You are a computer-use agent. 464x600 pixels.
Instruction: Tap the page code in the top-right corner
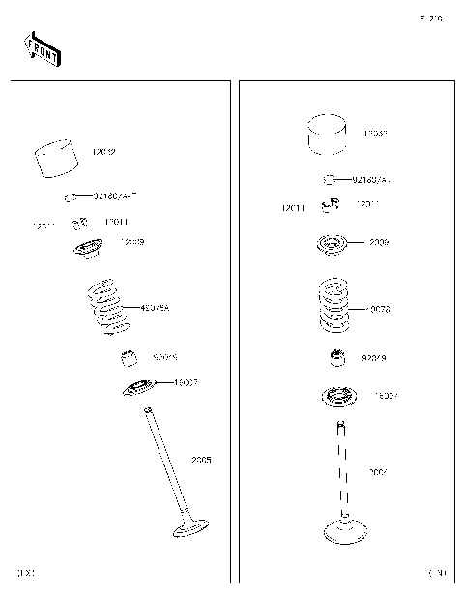(430, 18)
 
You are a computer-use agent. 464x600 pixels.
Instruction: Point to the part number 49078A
(155, 308)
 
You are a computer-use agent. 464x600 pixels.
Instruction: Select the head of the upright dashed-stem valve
(344, 530)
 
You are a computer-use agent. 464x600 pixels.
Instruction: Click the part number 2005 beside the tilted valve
(201, 460)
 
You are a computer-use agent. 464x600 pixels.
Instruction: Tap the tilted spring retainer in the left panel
(90, 250)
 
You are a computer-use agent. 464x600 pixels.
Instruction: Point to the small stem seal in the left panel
(128, 360)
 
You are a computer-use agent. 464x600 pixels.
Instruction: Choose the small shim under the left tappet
(71, 198)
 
